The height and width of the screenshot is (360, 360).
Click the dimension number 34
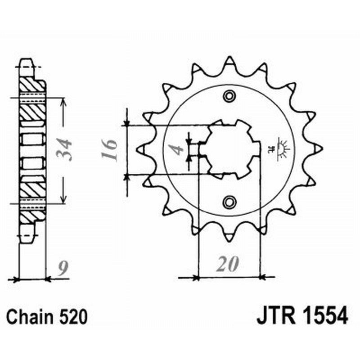coord(64,150)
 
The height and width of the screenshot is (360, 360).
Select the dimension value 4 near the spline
coord(179,148)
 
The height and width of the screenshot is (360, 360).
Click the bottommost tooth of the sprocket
coord(229,237)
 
